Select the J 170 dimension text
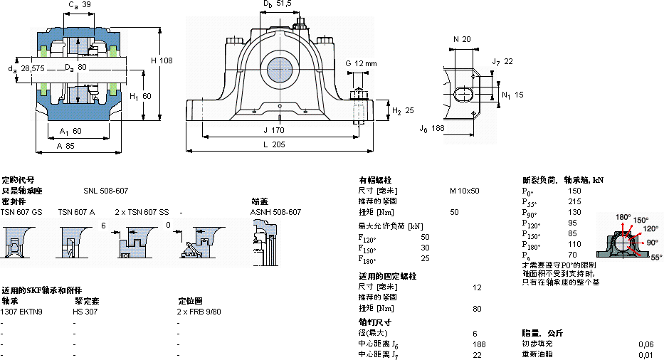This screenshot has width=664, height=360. pos(273,130)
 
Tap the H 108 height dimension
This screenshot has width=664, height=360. pos(162,60)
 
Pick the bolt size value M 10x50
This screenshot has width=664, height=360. pos(464,191)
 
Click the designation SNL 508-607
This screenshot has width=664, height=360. pos(106,191)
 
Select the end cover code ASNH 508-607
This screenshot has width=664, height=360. pos(275,212)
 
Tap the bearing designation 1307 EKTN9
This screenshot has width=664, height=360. pos(21,312)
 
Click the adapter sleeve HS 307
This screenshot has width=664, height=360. pos(85,312)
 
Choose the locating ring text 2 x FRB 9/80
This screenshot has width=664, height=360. pos(199,312)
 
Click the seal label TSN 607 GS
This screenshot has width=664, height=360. pos(21,212)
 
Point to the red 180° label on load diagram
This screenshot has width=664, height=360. pos(623,217)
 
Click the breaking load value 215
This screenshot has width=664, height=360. pos(574,201)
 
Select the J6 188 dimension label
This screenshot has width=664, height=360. pos(431,128)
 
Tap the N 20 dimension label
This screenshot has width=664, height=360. pos(462,39)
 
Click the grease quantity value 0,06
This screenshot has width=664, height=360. pos(646,344)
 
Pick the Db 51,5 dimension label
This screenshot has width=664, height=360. pos(278,4)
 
